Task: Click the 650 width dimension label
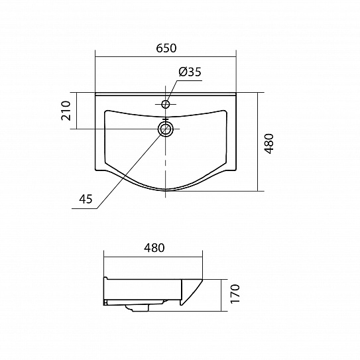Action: point(166,48)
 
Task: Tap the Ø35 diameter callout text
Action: point(190,72)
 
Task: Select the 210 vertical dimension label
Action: point(66,111)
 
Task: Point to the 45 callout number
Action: point(86,199)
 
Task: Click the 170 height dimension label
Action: point(235,294)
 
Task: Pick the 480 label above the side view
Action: point(154,248)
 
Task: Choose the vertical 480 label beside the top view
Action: point(269,143)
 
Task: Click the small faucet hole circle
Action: point(165,104)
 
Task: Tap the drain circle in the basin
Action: point(165,129)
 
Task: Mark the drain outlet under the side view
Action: point(137,308)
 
